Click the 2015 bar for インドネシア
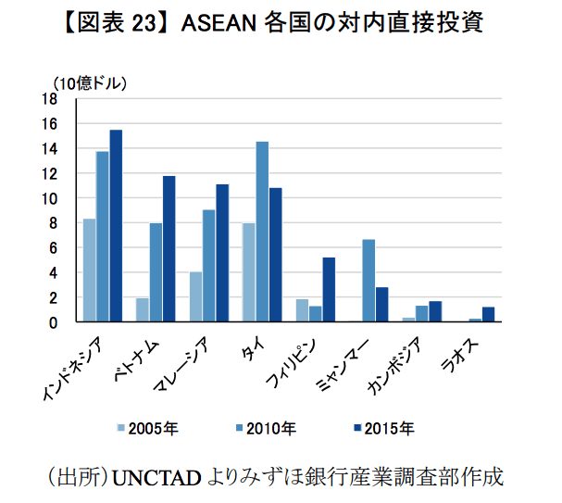116,226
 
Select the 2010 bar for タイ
262,232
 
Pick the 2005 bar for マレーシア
195,296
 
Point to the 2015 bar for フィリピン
329,289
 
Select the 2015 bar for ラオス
489,314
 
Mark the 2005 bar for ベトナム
142,309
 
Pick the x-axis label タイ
249,348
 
